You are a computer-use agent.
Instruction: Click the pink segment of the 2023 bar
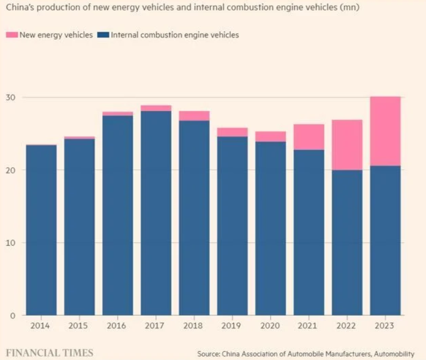click(x=385, y=131)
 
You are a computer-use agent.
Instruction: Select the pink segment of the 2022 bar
click(x=347, y=145)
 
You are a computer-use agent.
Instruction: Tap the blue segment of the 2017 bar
click(x=156, y=212)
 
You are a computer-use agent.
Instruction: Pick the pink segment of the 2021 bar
click(x=309, y=137)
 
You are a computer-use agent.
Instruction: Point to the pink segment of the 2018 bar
click(x=194, y=115)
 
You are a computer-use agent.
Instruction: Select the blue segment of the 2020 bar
click(x=271, y=228)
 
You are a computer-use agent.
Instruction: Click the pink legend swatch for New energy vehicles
click(x=12, y=35)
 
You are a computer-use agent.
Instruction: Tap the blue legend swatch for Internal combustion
click(x=103, y=35)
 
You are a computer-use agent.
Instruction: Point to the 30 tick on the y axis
click(x=11, y=97)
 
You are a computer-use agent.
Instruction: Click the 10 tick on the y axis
click(x=11, y=242)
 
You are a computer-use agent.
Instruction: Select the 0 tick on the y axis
click(x=13, y=315)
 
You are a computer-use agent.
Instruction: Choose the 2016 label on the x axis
click(x=117, y=326)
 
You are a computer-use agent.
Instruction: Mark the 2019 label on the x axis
click(x=232, y=326)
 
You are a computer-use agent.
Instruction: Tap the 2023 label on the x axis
click(x=385, y=326)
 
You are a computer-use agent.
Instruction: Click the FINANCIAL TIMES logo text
click(x=50, y=352)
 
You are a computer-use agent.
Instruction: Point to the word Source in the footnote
click(x=209, y=354)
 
